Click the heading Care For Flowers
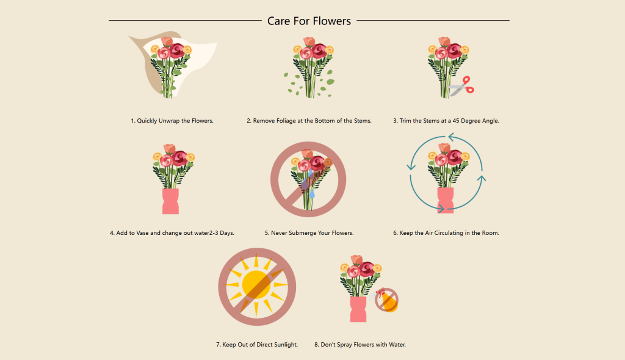[x=309, y=21]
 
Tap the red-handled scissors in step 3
[x=461, y=87]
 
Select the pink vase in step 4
[x=171, y=201]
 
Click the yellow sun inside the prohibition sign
[x=257, y=285]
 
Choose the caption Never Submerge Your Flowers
[x=309, y=233]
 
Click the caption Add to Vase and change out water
[x=172, y=233]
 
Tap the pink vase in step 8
[x=358, y=309]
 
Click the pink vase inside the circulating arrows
[x=446, y=201]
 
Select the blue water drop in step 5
[x=312, y=195]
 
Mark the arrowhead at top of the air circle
[x=451, y=137]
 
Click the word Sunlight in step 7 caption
[x=284, y=345]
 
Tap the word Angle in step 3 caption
[x=491, y=121]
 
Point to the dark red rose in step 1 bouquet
[x=177, y=51]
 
